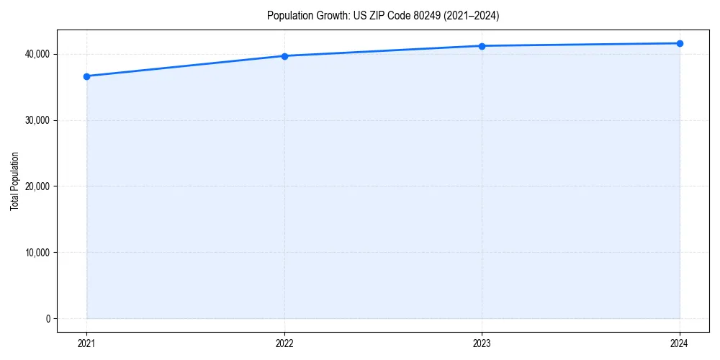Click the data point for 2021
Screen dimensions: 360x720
tap(86, 76)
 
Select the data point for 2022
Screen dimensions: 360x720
tap(284, 56)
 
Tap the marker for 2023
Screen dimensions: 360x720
tap(482, 46)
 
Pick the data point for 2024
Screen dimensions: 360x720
tap(680, 43)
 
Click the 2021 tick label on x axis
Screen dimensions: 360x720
tap(86, 343)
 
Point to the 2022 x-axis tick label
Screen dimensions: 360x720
tap(284, 343)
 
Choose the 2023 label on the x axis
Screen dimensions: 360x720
tap(482, 343)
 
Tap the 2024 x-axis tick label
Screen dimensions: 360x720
tap(680, 343)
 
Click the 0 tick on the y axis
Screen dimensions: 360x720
tap(47, 319)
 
